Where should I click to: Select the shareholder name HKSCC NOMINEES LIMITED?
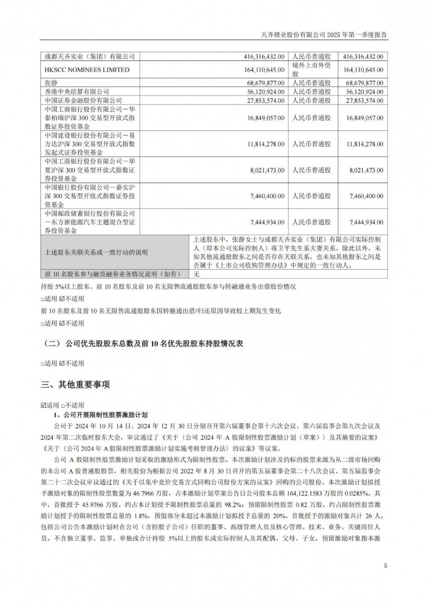(87, 70)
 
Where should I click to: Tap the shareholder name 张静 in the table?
(51, 83)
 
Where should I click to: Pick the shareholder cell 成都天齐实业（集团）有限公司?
(90, 56)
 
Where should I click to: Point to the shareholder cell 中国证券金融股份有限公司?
(83, 101)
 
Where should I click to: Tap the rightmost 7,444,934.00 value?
(366, 222)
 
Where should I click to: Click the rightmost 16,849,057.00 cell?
(364, 118)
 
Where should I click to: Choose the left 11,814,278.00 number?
(265, 144)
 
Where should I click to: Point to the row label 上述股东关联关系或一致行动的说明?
(96, 252)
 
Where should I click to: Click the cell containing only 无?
(197, 274)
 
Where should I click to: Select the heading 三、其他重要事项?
(75, 385)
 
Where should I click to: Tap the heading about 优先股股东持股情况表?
(144, 344)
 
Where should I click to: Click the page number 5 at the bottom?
(386, 566)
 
